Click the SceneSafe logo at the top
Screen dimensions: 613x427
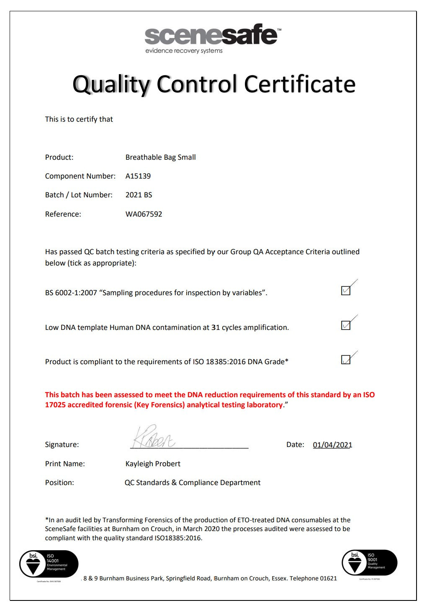(211, 36)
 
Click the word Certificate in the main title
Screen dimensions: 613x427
(300, 84)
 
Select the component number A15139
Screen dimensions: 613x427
(138, 176)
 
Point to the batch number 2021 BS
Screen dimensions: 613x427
(139, 195)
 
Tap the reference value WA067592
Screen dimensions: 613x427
(144, 214)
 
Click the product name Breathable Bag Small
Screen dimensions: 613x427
(160, 157)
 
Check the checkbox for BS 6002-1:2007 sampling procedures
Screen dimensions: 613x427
(346, 290)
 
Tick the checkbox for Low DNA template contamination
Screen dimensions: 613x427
(346, 325)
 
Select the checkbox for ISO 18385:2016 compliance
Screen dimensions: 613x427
(346, 360)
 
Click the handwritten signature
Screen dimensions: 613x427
(153, 437)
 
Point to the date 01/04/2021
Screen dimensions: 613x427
(332, 445)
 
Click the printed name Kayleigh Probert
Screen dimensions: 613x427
(153, 464)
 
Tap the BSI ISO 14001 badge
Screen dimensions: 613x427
(49, 564)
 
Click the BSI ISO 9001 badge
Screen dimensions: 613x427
(370, 562)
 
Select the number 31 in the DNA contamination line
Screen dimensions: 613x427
(216, 327)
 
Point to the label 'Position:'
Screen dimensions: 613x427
(59, 483)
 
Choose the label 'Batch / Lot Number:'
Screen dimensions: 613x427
(79, 195)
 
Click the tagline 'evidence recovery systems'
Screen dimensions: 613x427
(184, 51)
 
